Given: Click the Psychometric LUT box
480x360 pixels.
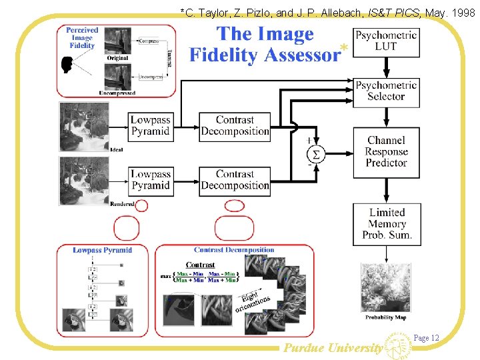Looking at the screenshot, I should (x=387, y=41).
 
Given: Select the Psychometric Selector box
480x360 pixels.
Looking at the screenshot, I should (x=387, y=91).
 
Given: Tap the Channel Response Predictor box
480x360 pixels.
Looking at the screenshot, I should (x=387, y=151).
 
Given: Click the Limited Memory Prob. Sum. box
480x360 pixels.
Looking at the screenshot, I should (x=387, y=223).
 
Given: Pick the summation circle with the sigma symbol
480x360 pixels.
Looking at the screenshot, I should (x=316, y=154).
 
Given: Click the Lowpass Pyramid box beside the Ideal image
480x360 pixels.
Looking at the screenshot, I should (x=150, y=125).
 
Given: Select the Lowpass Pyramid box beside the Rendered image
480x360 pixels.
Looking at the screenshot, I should (x=150, y=180).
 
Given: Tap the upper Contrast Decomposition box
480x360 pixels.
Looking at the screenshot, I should (x=235, y=125).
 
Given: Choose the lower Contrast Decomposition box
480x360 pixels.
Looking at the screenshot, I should (x=235, y=180).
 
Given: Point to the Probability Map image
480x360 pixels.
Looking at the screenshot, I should (x=387, y=288).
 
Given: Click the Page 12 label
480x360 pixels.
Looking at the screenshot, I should (x=427, y=338).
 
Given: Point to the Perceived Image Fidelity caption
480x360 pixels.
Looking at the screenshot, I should (x=82, y=38).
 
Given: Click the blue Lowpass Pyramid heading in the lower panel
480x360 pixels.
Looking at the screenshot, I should (x=102, y=251).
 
